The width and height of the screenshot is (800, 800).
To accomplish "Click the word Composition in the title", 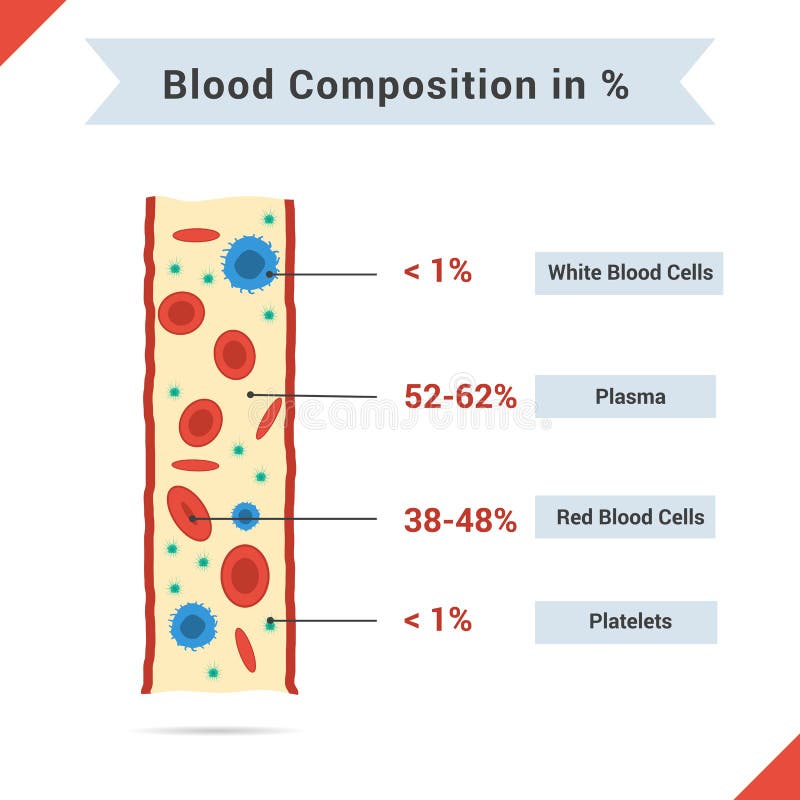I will pos(412,86).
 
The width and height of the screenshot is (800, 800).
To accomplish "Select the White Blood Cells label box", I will pos(629,273).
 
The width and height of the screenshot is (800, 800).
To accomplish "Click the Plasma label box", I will pos(626,396).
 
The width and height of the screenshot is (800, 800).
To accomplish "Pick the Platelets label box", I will pos(626,621).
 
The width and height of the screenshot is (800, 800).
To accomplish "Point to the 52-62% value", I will pos(460,397).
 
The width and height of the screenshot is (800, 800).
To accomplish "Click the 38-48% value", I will pos(460,520).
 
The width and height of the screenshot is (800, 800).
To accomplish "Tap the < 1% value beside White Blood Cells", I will pos(437,271).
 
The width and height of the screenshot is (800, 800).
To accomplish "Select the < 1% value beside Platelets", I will pos(437,620).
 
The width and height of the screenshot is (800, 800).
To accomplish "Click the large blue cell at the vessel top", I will pos(249,263).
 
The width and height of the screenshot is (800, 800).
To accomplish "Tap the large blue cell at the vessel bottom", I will pos(193,626).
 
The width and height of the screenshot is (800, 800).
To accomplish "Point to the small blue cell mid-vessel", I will pos(245,516).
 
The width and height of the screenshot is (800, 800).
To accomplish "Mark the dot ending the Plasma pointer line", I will pos(250,395).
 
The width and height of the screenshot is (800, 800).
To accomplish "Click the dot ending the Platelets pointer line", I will pos(270,621).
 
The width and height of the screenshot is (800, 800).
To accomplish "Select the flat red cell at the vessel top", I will pos(196,235).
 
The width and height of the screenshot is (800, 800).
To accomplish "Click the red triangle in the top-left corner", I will pos(18,18).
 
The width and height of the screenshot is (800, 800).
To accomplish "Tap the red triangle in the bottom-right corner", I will pos(780,780).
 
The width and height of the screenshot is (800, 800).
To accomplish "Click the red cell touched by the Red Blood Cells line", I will pos(187,511).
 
